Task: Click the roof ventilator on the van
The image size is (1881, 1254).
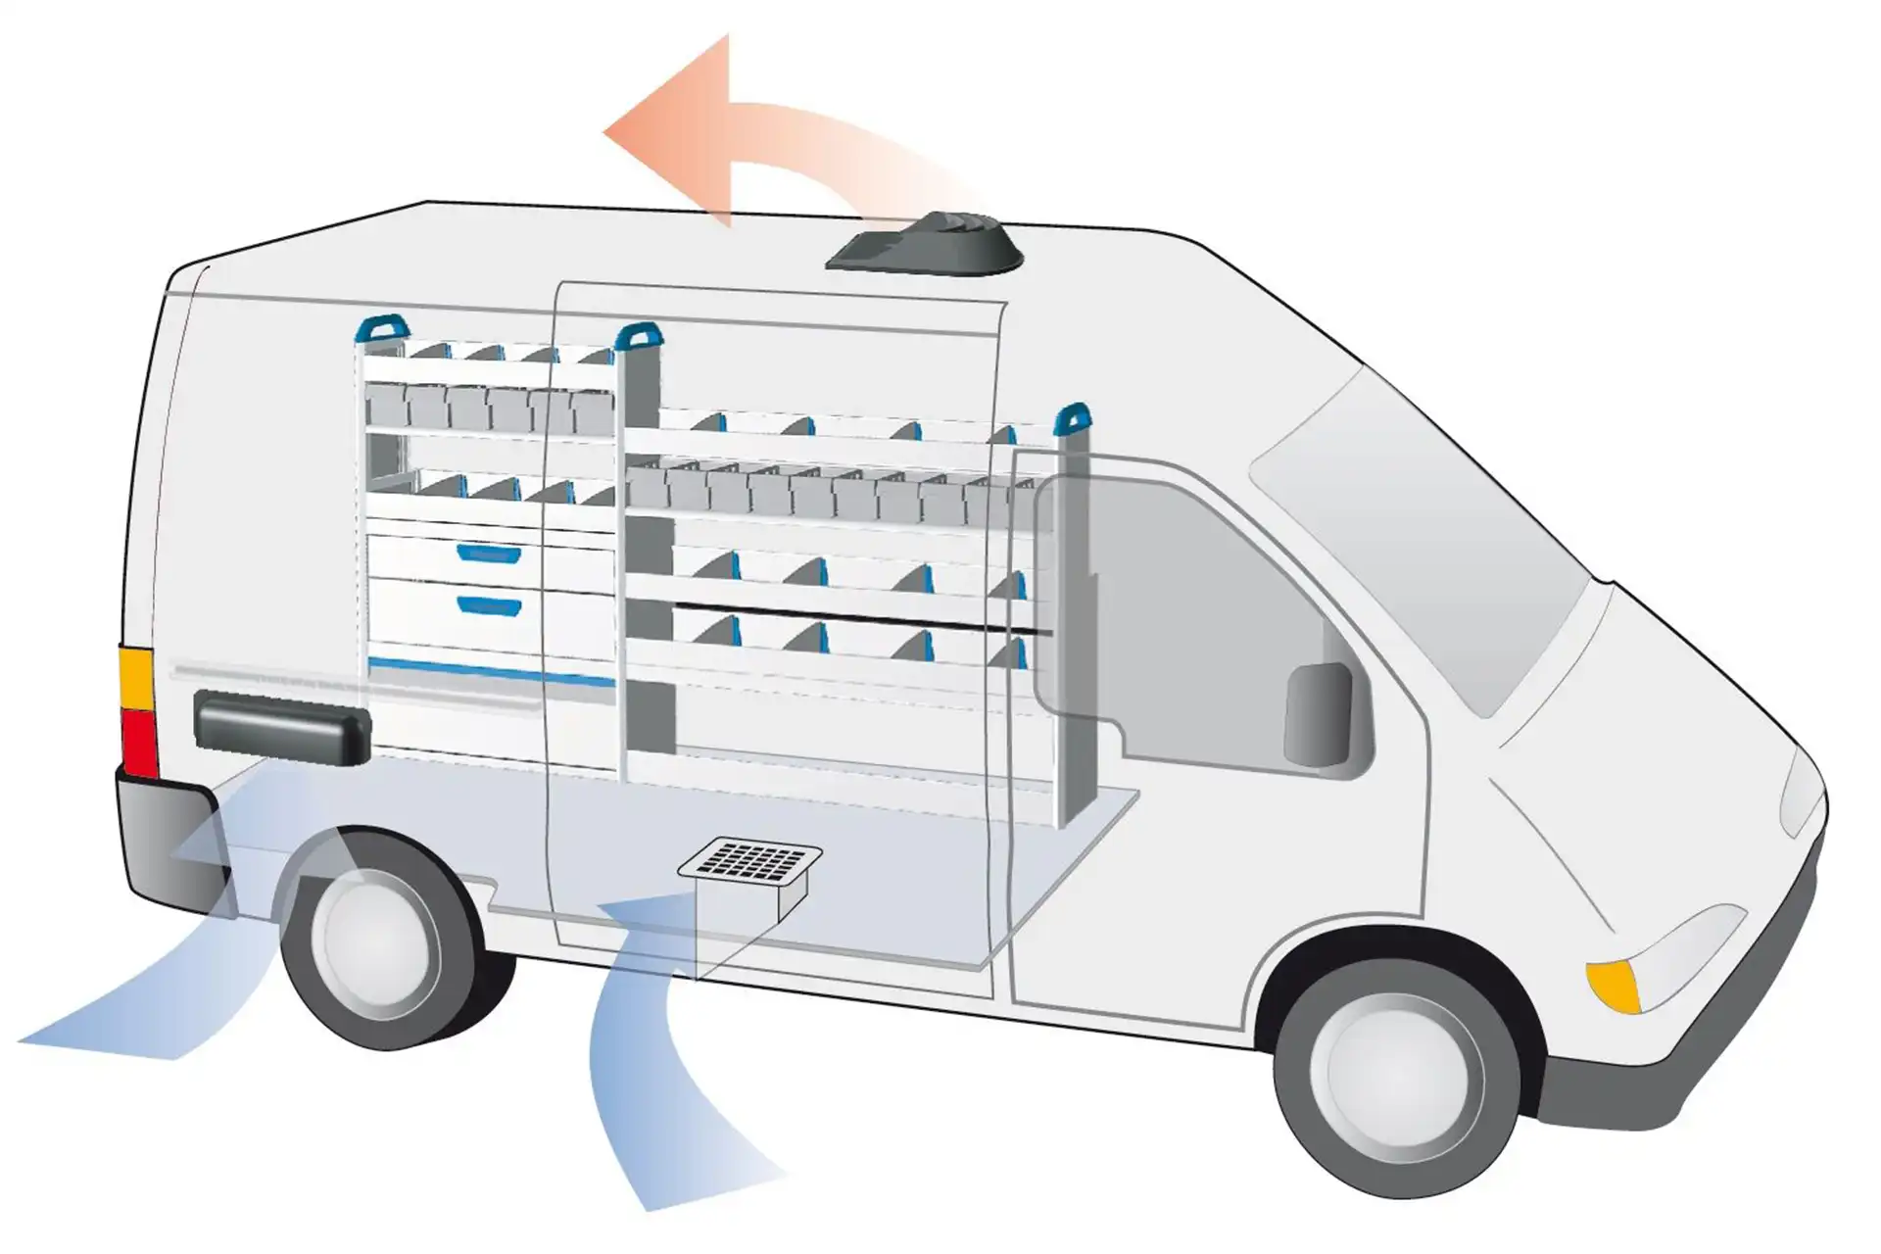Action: coord(923,243)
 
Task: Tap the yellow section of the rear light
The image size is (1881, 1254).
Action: coord(136,677)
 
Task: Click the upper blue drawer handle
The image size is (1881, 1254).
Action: coord(489,554)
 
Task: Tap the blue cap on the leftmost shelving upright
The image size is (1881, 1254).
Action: coord(380,327)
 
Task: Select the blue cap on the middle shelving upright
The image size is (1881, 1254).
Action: coord(639,336)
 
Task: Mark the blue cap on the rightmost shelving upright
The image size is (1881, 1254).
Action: coord(1073,416)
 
